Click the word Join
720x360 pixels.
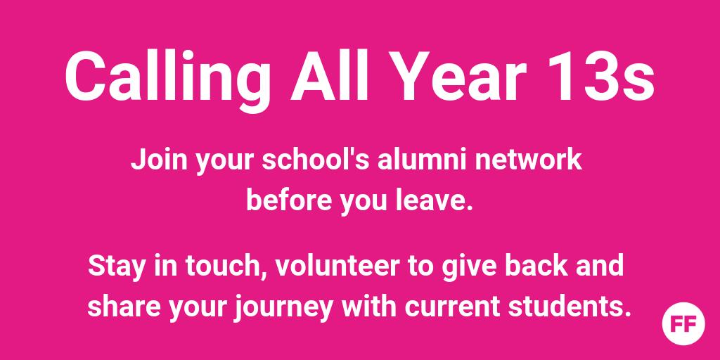pyautogui.click(x=152, y=160)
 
